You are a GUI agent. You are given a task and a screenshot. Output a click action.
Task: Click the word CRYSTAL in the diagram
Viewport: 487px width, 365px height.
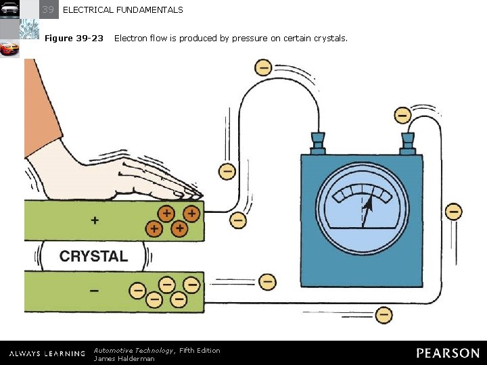[x=93, y=256]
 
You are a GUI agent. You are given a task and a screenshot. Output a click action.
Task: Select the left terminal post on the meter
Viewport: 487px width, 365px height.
[x=317, y=143]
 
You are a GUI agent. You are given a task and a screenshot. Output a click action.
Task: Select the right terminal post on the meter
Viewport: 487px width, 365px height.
[x=407, y=143]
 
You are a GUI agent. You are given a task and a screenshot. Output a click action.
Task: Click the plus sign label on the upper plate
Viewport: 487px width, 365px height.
[x=94, y=220]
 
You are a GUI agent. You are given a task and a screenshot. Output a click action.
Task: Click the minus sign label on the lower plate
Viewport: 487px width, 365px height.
[x=94, y=290]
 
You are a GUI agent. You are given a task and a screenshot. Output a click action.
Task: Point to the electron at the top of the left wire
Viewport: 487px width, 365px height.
[x=263, y=68]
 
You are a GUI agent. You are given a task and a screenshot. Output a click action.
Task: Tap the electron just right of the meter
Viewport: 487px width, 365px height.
[x=454, y=212]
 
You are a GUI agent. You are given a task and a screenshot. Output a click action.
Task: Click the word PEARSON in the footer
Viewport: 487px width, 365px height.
[x=448, y=353]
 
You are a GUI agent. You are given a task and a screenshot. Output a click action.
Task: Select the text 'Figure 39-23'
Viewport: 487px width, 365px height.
[x=74, y=39]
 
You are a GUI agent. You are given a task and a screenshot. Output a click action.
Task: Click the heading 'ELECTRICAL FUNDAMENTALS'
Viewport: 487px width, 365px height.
[x=122, y=10]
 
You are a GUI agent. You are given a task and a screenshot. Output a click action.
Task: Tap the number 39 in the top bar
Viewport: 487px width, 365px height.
[x=47, y=9]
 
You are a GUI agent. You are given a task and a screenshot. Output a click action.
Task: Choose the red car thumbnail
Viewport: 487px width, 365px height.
[x=9, y=49]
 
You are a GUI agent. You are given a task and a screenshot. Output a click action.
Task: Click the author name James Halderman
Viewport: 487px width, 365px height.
[x=124, y=358]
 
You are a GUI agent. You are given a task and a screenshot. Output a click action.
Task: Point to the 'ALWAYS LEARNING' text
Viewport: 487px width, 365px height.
[x=47, y=354]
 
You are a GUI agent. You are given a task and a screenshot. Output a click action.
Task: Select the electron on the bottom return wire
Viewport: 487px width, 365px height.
[x=384, y=314]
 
